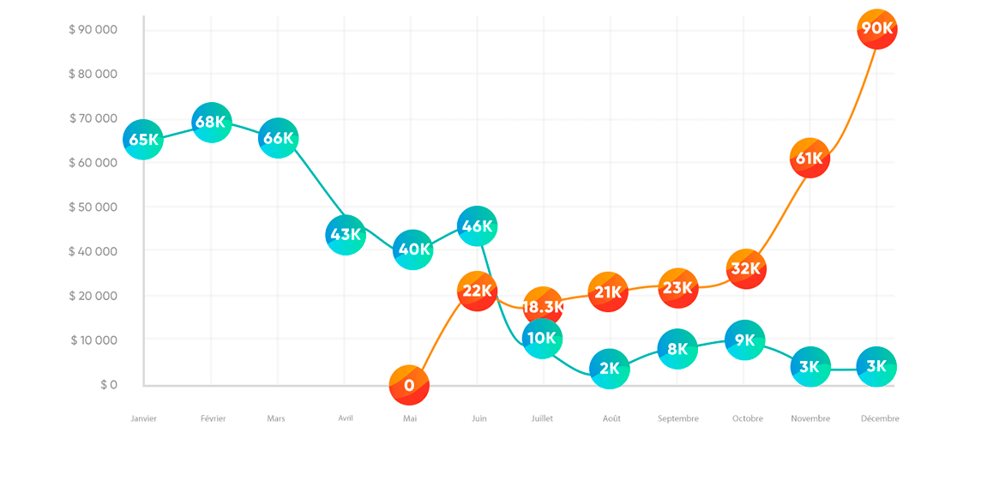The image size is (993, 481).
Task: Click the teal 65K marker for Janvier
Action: pyautogui.click(x=143, y=140)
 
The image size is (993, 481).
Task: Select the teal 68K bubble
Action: pyautogui.click(x=211, y=123)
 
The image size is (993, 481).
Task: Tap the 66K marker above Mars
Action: pyautogui.click(x=278, y=139)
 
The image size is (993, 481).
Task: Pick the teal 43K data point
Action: pyautogui.click(x=346, y=235)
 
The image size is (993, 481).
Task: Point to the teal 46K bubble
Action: pyautogui.click(x=478, y=227)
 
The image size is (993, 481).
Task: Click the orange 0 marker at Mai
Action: pyautogui.click(x=409, y=385)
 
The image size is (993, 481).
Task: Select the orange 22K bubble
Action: pyautogui.click(x=478, y=291)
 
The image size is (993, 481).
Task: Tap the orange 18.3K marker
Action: pyautogui.click(x=543, y=307)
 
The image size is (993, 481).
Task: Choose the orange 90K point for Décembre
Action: pyautogui.click(x=876, y=29)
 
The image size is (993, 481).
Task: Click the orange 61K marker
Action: pyautogui.click(x=809, y=159)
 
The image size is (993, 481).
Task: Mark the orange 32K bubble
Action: pyautogui.click(x=745, y=269)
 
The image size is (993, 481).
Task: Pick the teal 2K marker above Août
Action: pyautogui.click(x=610, y=370)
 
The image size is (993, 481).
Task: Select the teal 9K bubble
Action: pyautogui.click(x=744, y=340)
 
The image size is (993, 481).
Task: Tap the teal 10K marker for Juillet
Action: pyautogui.click(x=542, y=339)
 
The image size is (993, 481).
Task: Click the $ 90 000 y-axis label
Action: pyautogui.click(x=93, y=30)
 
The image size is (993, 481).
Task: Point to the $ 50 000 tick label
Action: pyautogui.click(x=93, y=207)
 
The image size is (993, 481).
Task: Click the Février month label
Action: pyautogui.click(x=213, y=418)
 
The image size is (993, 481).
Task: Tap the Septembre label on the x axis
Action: pyautogui.click(x=677, y=418)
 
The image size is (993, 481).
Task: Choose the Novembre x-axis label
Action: pyautogui.click(x=810, y=418)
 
